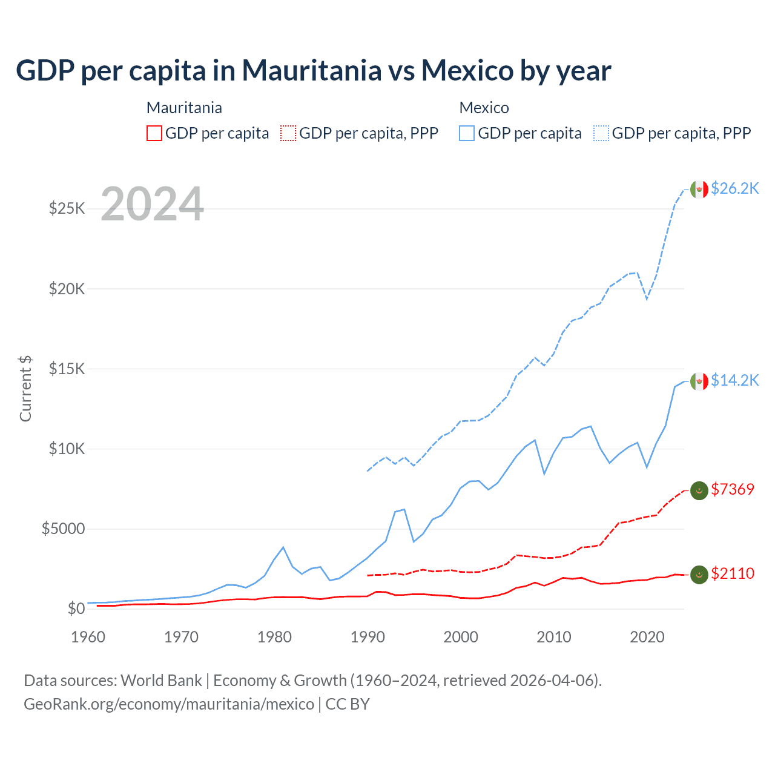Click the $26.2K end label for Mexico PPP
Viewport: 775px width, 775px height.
[734, 188]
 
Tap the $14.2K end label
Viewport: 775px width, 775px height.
[734, 380]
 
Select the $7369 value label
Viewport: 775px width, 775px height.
[733, 489]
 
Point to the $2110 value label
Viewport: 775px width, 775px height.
[733, 573]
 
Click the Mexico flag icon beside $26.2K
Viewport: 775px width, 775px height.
[699, 189]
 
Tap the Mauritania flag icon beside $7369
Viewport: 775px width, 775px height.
[699, 490]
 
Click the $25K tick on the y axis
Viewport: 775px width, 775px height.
[67, 209]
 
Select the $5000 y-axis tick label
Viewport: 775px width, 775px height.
[63, 529]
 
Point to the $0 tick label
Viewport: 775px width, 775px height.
[76, 608]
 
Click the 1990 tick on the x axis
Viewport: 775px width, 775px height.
[368, 637]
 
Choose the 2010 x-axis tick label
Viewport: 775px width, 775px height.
[554, 637]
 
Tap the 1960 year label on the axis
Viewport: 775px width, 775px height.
[88, 637]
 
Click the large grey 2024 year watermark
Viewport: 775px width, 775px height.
[152, 204]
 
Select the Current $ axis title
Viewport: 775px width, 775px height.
[25, 389]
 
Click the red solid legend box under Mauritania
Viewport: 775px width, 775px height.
[154, 133]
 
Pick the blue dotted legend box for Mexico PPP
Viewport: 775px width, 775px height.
[601, 133]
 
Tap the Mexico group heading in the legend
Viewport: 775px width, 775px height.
[484, 108]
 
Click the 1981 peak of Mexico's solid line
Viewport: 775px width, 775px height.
[283, 547]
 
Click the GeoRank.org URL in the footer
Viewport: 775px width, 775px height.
[169, 704]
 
